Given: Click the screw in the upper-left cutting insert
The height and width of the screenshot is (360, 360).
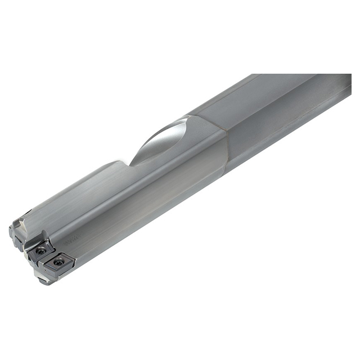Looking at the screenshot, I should tap(41, 251).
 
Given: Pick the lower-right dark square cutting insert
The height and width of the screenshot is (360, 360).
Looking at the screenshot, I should tap(58, 262).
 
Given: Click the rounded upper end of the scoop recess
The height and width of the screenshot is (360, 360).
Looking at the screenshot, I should tap(183, 124).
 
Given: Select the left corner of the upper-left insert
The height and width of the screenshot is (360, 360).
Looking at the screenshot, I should tap(29, 251).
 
